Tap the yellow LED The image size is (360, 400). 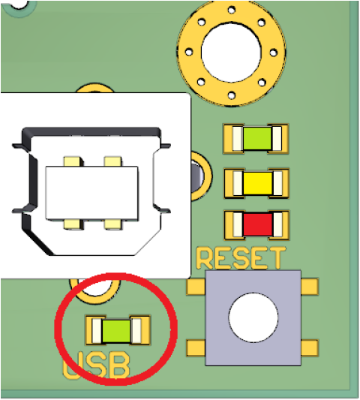257,183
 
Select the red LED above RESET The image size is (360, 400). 257,224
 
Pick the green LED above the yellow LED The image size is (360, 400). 257,138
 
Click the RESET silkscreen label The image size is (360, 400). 241,258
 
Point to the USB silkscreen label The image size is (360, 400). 96,365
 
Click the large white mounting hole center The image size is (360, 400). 231,52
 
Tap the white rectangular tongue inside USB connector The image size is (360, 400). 92,193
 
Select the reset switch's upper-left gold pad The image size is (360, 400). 196,287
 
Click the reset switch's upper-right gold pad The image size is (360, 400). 310,287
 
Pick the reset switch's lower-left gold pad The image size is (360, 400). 196,347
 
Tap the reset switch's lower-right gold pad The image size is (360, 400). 310,347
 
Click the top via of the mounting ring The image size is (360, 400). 232,11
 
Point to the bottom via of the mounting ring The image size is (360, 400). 232,95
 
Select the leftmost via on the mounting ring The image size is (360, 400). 189,53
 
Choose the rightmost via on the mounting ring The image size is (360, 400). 273,53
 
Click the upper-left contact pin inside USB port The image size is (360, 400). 73,162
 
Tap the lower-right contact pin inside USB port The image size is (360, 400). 113,224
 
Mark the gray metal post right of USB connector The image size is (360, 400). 197,176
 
